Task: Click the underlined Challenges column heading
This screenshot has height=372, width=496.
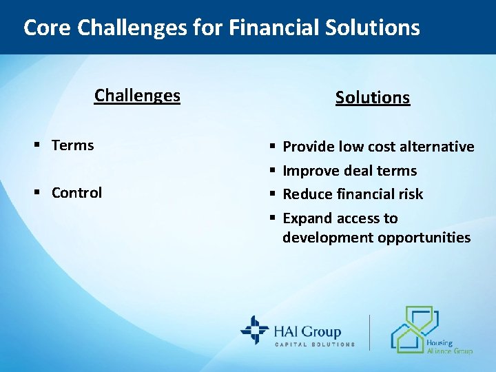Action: click(x=137, y=95)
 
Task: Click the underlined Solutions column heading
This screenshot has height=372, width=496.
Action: click(x=373, y=98)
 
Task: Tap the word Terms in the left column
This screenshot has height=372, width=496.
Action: click(x=72, y=145)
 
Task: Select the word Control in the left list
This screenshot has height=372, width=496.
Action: click(x=76, y=193)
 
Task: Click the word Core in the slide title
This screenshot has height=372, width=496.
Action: click(x=48, y=28)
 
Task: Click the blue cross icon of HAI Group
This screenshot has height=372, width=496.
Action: click(x=254, y=330)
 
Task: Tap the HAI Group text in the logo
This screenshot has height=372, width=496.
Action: click(x=308, y=331)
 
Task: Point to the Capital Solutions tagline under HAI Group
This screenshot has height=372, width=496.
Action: click(x=315, y=344)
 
